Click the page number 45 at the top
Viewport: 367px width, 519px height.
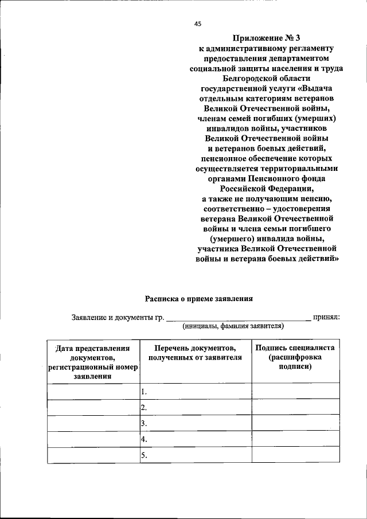(x=198, y=24)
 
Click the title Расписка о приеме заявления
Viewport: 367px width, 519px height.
(x=198, y=298)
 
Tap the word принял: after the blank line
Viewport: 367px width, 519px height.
(x=328, y=317)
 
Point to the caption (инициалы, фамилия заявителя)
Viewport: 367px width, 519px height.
(x=233, y=326)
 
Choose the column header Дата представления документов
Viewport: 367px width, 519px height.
(x=92, y=362)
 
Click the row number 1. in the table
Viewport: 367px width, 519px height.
(x=145, y=392)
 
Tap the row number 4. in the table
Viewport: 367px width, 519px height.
(x=145, y=440)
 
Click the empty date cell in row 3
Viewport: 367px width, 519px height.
(x=93, y=424)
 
